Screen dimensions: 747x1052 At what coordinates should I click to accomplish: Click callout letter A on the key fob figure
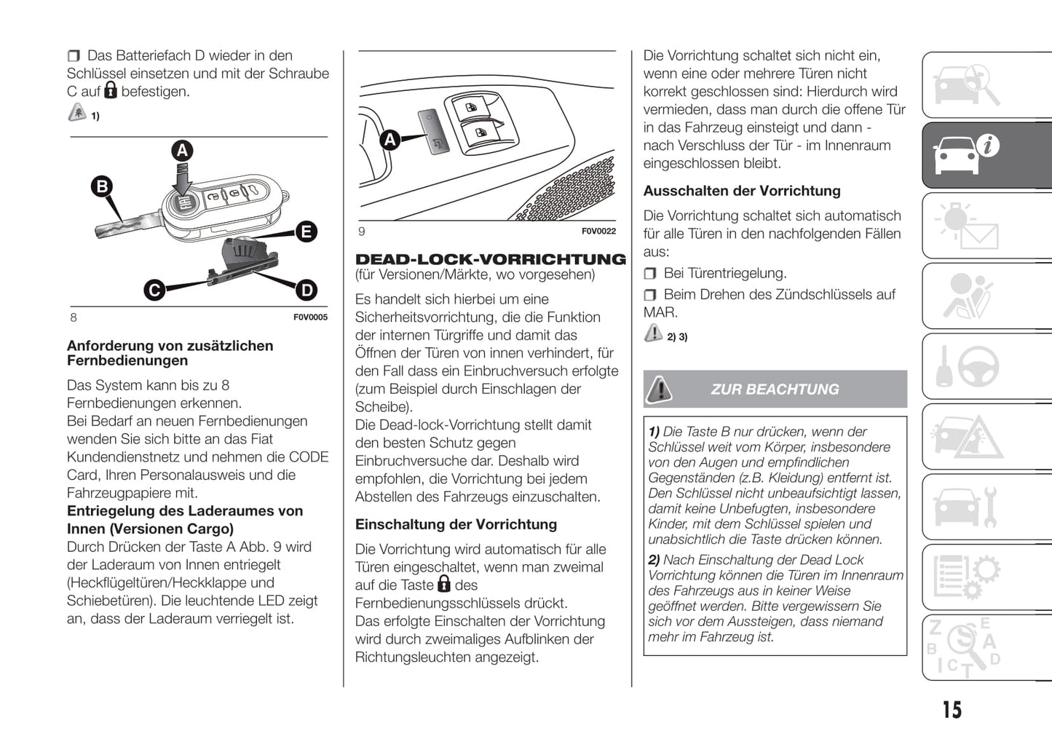pos(182,151)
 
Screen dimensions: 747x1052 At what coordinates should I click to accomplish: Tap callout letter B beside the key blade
pos(102,186)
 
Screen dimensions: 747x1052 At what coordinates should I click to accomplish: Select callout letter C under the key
pos(154,290)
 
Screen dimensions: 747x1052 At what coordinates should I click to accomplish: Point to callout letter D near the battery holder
pos(306,290)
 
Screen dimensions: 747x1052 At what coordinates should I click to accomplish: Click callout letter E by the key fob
pos(306,232)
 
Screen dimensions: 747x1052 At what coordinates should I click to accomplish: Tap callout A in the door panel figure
pos(390,139)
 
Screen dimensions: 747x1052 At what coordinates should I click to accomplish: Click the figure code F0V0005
pos(310,317)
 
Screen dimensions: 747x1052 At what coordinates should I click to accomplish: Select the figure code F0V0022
pos(598,232)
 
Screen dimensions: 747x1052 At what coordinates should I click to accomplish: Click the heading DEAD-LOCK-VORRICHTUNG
pos(490,259)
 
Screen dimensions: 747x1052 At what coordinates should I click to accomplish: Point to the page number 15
pos(952,710)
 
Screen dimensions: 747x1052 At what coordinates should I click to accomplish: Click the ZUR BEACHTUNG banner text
pos(775,390)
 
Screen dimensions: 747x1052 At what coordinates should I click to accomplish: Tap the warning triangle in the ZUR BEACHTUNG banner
pos(660,390)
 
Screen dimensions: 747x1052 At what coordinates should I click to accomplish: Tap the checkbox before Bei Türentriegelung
pos(649,274)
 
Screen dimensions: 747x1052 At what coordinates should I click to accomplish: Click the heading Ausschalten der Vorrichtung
pos(741,191)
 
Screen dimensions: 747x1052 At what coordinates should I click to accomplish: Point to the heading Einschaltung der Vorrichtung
pos(456,524)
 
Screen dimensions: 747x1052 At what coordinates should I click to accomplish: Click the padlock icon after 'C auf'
pos(111,90)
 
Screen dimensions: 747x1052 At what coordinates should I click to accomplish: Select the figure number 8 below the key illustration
pos(74,317)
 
